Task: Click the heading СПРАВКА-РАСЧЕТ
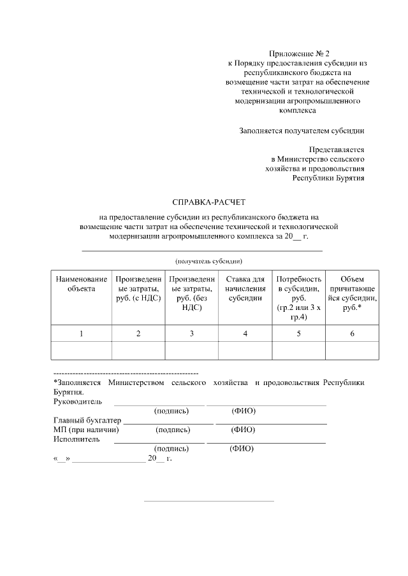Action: pos(204,202)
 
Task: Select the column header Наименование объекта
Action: pos(81,284)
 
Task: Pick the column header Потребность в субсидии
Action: pos(298,297)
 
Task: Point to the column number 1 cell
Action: pos(81,334)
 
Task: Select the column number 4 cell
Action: pos(245,334)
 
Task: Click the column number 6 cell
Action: pos(352,334)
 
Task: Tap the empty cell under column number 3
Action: pos(191,351)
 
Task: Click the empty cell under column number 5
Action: pos(298,351)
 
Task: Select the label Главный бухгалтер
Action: pos(87,420)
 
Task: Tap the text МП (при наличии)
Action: pos(86,430)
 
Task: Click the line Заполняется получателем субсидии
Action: pos(302,131)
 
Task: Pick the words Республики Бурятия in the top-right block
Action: pos(328,178)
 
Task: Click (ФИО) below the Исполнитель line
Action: pos(242,448)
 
